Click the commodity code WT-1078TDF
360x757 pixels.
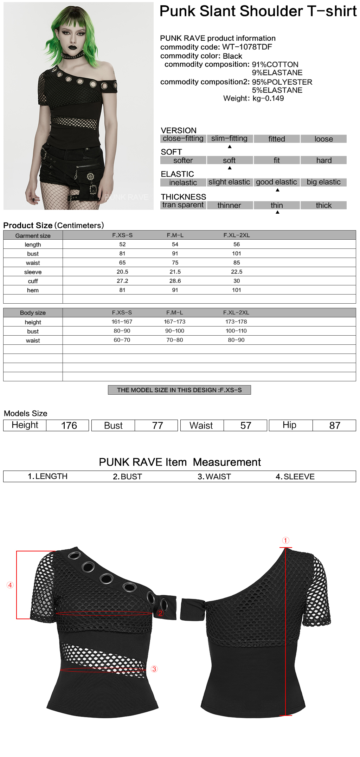[247, 47]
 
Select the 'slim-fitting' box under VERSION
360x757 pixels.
[229, 139]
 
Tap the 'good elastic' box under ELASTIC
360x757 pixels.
[276, 182]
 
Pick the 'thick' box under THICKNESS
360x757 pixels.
[323, 205]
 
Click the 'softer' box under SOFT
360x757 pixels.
[183, 161]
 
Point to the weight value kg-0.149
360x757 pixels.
[268, 98]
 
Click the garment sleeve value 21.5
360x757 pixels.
[175, 272]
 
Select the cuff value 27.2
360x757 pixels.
[122, 281]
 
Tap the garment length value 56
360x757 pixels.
[237, 244]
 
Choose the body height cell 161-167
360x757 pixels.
[122, 322]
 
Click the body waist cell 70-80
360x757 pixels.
[175, 340]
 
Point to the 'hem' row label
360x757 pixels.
[33, 290]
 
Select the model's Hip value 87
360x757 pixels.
[334, 426]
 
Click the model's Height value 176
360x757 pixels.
[69, 426]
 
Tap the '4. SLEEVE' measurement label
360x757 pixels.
[295, 477]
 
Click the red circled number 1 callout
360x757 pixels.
[285, 541]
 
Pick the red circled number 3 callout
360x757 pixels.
[154, 669]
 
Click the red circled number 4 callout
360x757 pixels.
[10, 585]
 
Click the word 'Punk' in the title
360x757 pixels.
[178, 11]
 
